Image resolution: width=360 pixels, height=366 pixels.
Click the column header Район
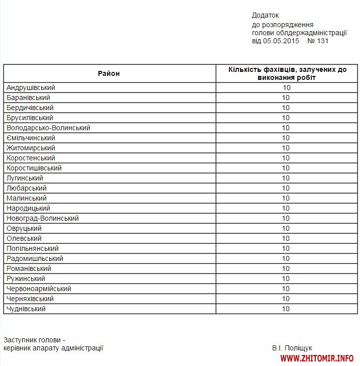point(109,73)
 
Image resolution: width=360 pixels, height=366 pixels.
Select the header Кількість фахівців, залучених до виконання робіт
point(287,73)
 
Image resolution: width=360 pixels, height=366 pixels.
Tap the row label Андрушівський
point(31,87)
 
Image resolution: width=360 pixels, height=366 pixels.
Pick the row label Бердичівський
point(30,108)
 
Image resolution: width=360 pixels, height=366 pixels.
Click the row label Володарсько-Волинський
point(48,128)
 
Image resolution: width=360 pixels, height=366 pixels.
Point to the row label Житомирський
point(31,148)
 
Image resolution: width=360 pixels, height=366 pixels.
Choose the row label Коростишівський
point(34,168)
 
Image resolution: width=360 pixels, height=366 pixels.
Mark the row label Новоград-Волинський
point(43,218)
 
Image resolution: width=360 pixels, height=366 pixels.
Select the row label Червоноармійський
point(39,289)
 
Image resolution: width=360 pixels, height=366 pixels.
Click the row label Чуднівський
point(26,309)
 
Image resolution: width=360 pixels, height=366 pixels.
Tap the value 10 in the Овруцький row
point(286,228)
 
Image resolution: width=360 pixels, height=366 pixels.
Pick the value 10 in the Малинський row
point(286,198)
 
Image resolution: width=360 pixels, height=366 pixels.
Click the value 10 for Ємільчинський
point(286,138)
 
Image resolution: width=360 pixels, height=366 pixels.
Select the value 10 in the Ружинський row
point(286,279)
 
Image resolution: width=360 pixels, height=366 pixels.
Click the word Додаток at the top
point(265,16)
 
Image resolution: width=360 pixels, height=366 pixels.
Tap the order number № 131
point(318,41)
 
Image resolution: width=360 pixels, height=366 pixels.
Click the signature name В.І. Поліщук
point(292,347)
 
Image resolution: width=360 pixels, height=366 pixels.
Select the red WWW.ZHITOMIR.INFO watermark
point(317,358)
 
